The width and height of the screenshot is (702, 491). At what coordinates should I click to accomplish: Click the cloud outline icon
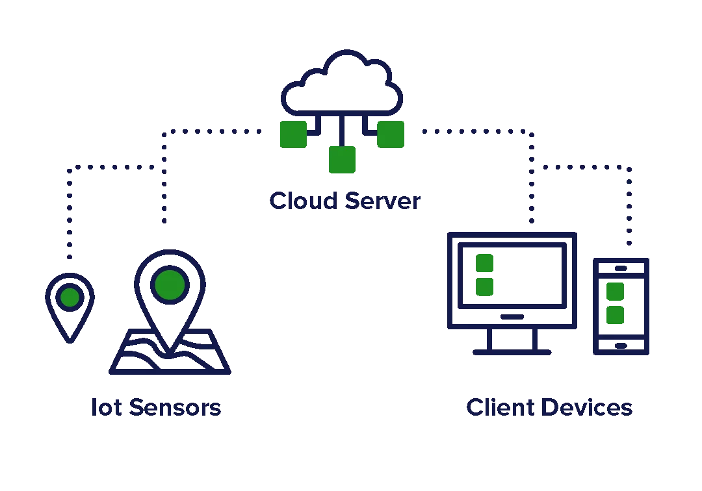tap(342, 84)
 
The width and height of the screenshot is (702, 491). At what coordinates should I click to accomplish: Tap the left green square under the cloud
tap(292, 134)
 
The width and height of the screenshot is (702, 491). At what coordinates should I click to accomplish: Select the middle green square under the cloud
tap(343, 160)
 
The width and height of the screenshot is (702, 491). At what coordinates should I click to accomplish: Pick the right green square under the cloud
tap(391, 134)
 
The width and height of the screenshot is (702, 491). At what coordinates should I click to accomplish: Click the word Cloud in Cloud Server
tap(303, 201)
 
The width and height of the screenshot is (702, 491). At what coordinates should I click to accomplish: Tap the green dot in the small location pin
tap(70, 297)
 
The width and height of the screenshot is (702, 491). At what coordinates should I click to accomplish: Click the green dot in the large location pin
tap(170, 284)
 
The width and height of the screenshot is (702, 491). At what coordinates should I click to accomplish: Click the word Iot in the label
tap(105, 407)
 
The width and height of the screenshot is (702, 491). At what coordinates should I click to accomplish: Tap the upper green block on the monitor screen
tap(484, 263)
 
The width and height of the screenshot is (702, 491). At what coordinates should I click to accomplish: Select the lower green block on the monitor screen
tap(484, 286)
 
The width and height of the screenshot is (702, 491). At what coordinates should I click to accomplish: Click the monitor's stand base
tap(512, 353)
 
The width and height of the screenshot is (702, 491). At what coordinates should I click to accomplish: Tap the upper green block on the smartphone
tap(614, 292)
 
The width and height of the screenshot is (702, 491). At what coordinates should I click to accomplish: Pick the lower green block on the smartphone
tap(614, 316)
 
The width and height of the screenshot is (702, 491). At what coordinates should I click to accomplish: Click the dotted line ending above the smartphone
tap(629, 208)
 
